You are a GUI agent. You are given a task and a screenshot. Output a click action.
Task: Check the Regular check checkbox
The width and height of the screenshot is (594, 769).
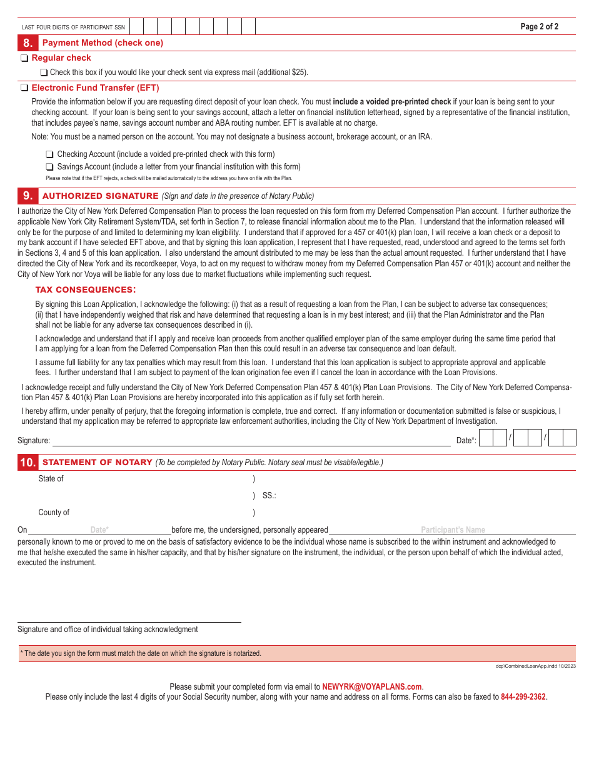click(24, 58)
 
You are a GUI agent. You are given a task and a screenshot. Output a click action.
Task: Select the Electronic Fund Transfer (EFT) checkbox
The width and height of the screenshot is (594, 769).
click(24, 88)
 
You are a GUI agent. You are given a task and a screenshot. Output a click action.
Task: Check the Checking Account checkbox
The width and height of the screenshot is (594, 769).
click(49, 154)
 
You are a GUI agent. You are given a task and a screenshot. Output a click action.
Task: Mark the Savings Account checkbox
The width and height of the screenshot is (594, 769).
click(49, 167)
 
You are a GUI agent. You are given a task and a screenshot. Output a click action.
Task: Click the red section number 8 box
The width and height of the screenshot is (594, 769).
click(27, 43)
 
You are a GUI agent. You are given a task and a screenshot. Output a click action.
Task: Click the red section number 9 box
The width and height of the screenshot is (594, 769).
click(27, 196)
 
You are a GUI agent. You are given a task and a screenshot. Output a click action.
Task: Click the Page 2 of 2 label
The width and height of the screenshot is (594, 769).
click(539, 26)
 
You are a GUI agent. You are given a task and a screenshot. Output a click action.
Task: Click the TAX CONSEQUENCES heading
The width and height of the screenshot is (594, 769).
click(85, 289)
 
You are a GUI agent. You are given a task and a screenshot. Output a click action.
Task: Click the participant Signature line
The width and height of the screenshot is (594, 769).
click(250, 440)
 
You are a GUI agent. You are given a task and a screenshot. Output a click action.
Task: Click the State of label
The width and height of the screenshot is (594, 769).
click(51, 479)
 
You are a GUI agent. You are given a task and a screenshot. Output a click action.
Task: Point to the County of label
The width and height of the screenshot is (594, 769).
click(54, 513)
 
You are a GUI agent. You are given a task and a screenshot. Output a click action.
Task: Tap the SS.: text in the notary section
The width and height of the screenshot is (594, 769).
click(269, 496)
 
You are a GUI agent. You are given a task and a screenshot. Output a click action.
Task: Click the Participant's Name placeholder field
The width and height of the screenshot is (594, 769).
click(453, 530)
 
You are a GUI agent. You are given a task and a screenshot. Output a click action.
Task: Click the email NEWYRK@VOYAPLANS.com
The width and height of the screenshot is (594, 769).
click(372, 686)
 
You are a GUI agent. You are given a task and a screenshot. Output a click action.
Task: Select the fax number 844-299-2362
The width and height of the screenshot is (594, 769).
click(523, 696)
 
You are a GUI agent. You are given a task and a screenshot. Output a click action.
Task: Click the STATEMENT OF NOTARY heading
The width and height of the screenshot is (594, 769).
click(97, 463)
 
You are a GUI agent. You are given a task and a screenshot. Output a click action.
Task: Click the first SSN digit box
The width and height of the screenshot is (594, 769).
click(136, 26)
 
